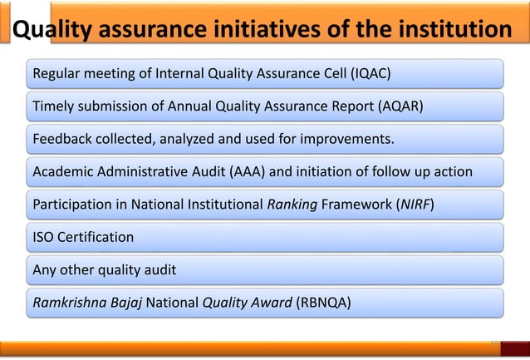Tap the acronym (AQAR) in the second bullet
point(396,107)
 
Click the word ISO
point(42,238)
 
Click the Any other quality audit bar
point(266,270)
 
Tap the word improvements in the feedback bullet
point(351,137)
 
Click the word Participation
point(67,205)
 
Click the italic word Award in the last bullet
point(272,302)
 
